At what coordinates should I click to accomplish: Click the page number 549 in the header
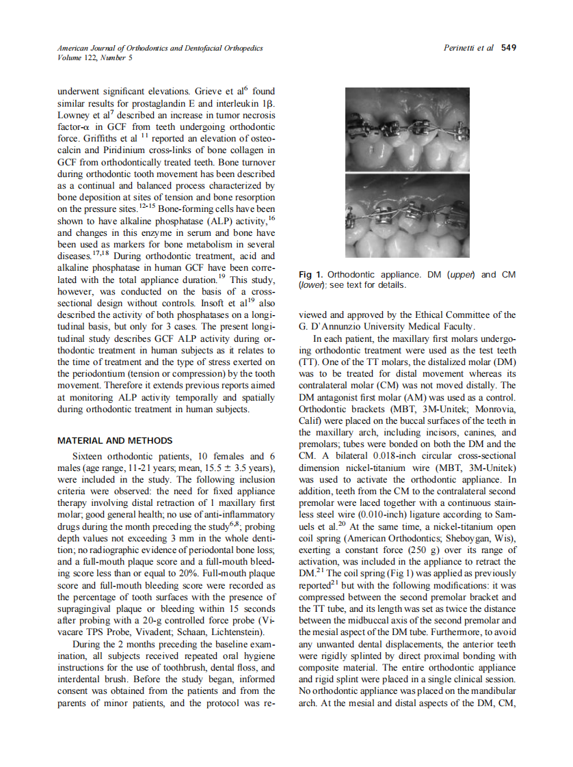pos(508,48)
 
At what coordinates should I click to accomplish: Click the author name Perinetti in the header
pos(462,48)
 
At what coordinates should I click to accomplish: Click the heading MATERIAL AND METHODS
pos(115,441)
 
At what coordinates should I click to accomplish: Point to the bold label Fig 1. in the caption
pos(311,275)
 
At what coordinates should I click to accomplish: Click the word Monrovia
pos(491,409)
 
